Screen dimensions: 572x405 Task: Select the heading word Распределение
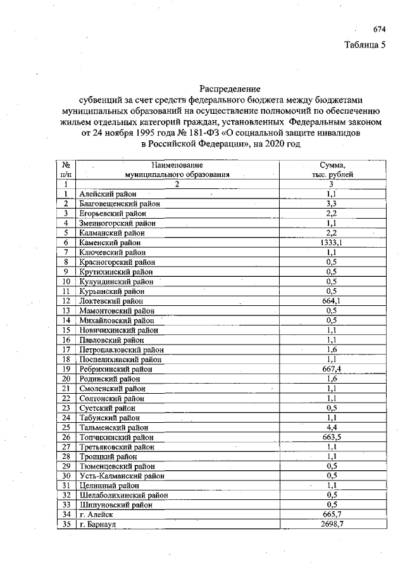click(230, 89)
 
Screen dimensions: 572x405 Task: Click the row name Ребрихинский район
click(116, 369)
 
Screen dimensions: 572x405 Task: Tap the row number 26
click(66, 437)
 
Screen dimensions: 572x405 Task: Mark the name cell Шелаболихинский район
click(123, 496)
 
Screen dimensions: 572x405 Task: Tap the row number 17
click(66, 350)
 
